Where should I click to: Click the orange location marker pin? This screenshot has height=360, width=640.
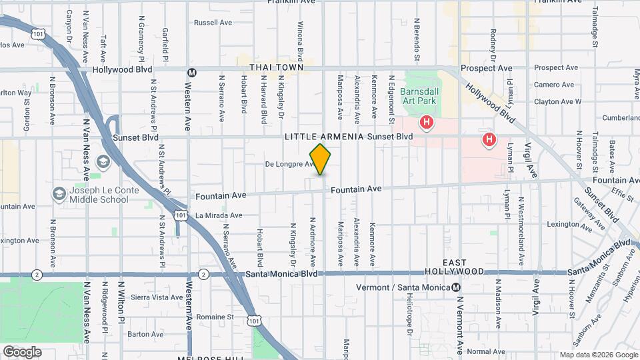[320, 159]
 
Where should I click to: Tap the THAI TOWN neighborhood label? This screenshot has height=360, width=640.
[277, 68]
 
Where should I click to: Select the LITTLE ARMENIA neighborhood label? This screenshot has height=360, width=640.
[324, 137]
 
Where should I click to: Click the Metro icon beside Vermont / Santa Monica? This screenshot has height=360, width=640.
[456, 287]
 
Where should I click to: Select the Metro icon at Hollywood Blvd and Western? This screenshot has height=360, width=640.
[192, 73]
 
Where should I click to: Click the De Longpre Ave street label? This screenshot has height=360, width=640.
[289, 164]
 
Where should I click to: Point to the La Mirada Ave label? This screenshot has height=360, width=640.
[219, 215]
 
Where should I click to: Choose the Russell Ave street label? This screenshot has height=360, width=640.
[213, 23]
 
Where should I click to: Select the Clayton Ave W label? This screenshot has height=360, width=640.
[558, 102]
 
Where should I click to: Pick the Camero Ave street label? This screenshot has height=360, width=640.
[554, 85]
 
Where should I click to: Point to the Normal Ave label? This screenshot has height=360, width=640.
[486, 351]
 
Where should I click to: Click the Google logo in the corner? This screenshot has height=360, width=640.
[22, 351]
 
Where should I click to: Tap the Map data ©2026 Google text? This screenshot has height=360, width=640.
[598, 355]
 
